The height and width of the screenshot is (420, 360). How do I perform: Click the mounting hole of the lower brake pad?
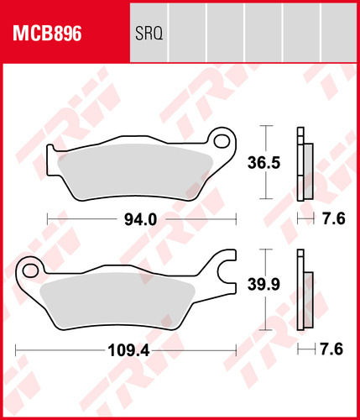[x=30, y=270]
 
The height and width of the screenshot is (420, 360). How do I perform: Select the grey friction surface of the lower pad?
[x=117, y=298]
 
